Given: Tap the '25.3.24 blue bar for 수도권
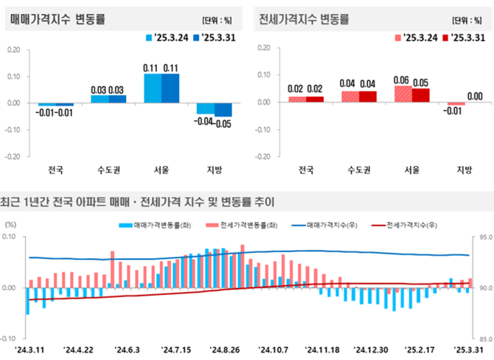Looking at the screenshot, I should click(x=100, y=99).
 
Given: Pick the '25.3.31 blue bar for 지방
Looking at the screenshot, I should click(x=223, y=109).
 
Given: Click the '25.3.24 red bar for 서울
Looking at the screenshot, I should click(x=403, y=94).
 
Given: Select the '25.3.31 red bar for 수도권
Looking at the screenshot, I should click(x=368, y=96).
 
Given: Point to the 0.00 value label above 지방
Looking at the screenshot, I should click(x=475, y=96).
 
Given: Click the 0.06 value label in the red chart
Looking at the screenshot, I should click(x=403, y=80).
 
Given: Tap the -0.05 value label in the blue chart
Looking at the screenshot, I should click(x=223, y=122).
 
